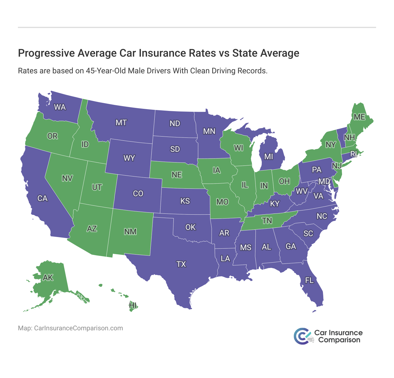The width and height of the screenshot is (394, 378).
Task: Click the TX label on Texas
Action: pos(181,264)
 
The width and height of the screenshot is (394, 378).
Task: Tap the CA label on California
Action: pos(42,198)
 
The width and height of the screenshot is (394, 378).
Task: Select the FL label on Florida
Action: pos(309,280)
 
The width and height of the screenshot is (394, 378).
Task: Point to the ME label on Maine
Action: pos(359,117)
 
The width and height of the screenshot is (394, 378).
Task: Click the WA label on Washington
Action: pos(60,107)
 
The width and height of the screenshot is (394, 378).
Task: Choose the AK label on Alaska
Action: pos(48,278)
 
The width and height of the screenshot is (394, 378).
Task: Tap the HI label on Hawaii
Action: pos(133,306)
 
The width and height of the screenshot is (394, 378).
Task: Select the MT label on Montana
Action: pos(121,123)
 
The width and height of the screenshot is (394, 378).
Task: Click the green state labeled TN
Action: pos(267,221)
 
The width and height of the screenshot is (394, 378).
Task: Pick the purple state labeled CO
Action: pos(138,193)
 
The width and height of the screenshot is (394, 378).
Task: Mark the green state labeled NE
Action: pos(177,175)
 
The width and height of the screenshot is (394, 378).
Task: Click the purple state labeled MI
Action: pos(269,157)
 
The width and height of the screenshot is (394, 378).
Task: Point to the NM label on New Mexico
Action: pos(130,232)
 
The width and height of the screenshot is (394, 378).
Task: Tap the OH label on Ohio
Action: pos(284,181)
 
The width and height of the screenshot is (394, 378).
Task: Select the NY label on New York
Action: pos(330,145)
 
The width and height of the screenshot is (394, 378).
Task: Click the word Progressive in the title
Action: pos(42,53)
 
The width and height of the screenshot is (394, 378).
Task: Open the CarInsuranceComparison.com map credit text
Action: pos(79,328)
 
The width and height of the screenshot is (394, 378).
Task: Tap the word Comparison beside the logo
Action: pos(339,340)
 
